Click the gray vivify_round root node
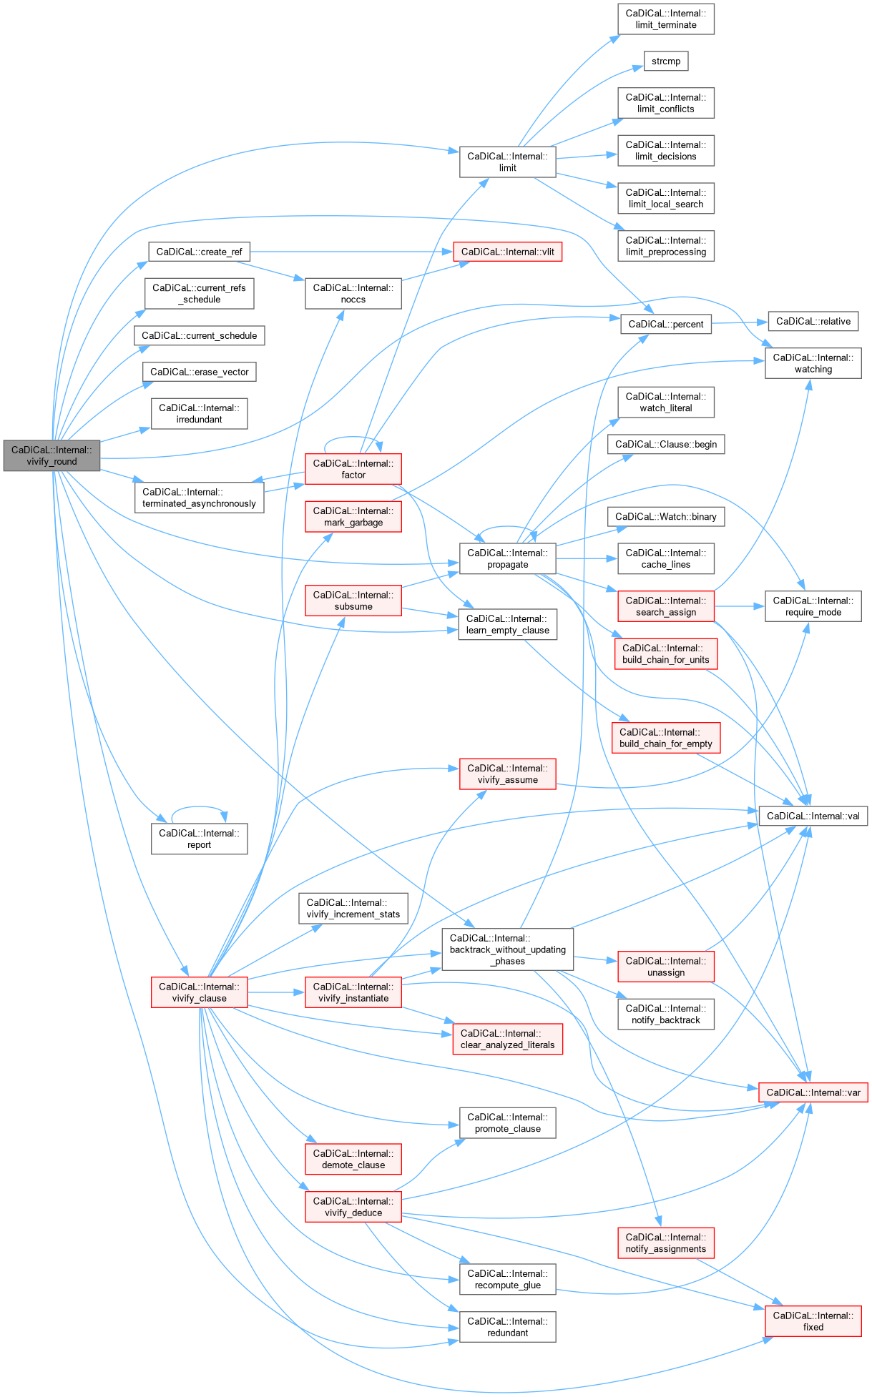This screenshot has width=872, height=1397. pyautogui.click(x=52, y=456)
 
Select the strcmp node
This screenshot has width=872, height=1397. pyautogui.click(x=665, y=61)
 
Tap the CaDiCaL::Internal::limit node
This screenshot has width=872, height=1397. pyautogui.click(x=507, y=162)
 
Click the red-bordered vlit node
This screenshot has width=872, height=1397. pyautogui.click(x=507, y=252)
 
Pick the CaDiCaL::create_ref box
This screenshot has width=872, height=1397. pyautogui.click(x=199, y=252)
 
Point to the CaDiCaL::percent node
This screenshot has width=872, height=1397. pyautogui.click(x=665, y=324)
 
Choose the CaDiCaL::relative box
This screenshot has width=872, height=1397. pyautogui.click(x=813, y=322)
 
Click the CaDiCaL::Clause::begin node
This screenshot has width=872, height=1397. pyautogui.click(x=665, y=444)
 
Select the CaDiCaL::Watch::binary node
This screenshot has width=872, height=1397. pyautogui.click(x=665, y=517)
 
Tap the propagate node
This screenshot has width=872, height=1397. pyautogui.click(x=507, y=558)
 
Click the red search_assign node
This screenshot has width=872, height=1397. pyautogui.click(x=665, y=606)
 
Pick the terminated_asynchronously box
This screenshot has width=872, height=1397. pyautogui.click(x=199, y=498)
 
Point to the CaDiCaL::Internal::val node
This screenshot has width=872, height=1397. pyautogui.click(x=813, y=816)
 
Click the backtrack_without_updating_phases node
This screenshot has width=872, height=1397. pyautogui.click(x=507, y=949)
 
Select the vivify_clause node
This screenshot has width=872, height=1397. pyautogui.click(x=199, y=992)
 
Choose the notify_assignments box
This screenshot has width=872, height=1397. pyautogui.click(x=665, y=1243)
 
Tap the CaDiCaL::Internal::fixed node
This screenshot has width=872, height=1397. pyautogui.click(x=813, y=1321)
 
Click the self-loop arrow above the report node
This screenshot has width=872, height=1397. pyautogui.click(x=199, y=807)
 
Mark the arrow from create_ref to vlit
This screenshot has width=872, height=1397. pyautogui.click(x=351, y=252)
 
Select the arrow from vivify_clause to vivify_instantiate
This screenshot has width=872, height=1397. pyautogui.click(x=276, y=992)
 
